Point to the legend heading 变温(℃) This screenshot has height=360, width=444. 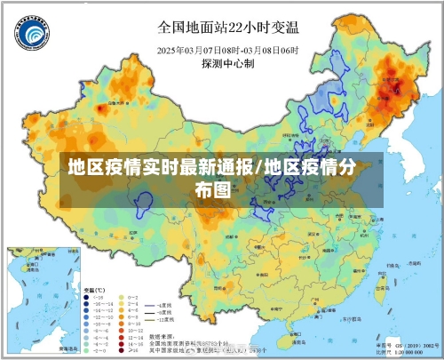tap(94, 291)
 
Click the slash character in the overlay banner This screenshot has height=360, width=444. tap(258, 167)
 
